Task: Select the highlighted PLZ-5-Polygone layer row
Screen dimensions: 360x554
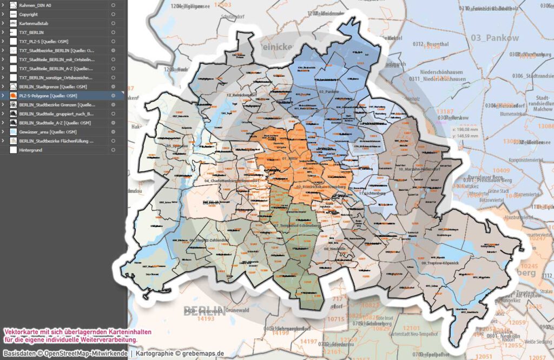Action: coord(49,96)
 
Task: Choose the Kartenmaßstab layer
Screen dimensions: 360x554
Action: coord(34,23)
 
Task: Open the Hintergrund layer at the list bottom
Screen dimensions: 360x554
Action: coord(31,150)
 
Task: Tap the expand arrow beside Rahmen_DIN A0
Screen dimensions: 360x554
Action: coord(3,5)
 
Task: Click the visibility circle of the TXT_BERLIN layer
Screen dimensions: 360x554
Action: coord(113,32)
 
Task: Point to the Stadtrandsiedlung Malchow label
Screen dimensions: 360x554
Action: coord(536,103)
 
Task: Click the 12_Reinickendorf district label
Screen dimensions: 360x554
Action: coord(241,95)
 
